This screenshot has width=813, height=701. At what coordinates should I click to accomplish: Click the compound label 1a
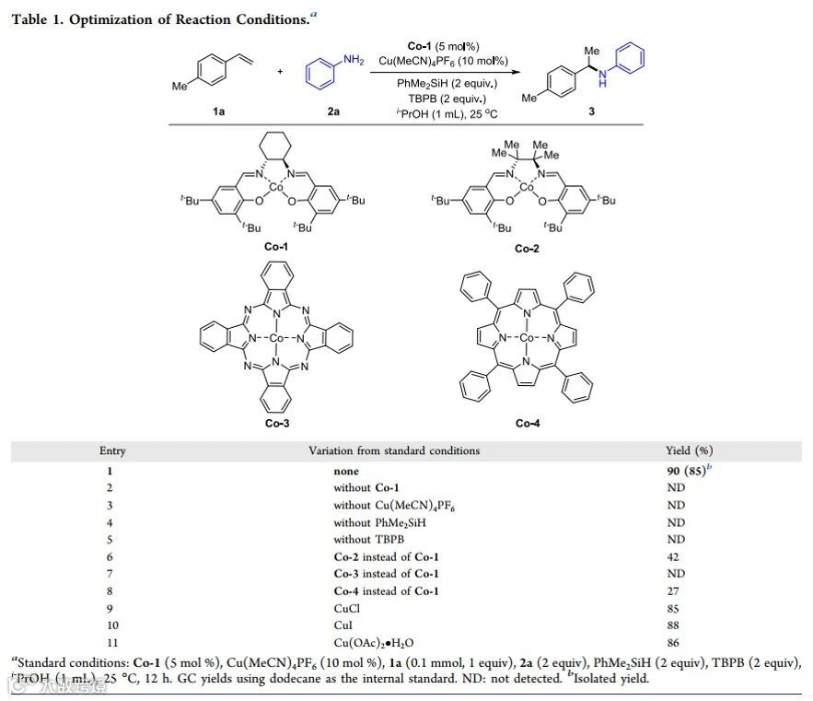tap(219, 111)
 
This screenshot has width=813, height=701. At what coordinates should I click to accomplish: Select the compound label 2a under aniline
tap(332, 111)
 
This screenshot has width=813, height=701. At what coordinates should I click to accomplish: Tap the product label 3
tap(591, 111)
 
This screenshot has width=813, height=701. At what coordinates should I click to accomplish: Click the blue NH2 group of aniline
tap(354, 60)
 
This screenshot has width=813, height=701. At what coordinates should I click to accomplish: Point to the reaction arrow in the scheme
tap(442, 74)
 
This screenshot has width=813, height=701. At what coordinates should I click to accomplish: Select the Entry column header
tap(112, 451)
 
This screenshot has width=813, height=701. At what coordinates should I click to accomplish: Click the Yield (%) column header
tap(689, 451)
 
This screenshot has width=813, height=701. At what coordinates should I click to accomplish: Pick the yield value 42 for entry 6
tap(676, 556)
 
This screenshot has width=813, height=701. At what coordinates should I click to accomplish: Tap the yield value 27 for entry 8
tap(676, 591)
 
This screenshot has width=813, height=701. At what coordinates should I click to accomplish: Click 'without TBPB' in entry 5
tap(367, 539)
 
